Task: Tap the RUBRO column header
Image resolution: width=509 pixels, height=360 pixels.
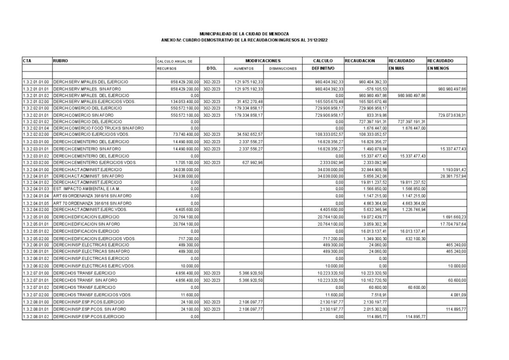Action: point(60,61)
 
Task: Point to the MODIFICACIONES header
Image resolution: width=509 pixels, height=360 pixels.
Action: point(263,60)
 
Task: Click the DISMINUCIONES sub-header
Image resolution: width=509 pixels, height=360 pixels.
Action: point(282,68)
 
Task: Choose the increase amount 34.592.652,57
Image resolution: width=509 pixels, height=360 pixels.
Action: point(249,135)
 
